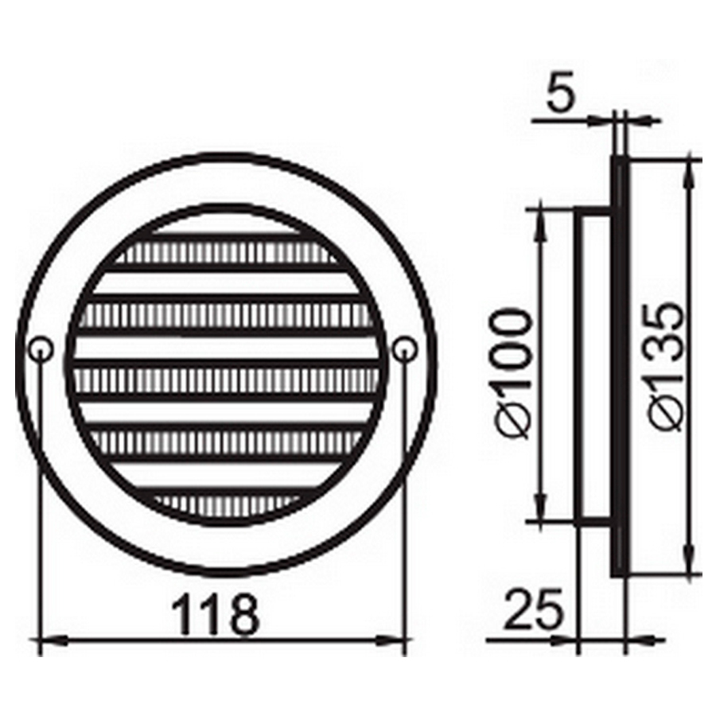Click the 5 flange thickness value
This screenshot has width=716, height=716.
[x=560, y=96]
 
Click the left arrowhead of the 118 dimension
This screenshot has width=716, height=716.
[x=51, y=641]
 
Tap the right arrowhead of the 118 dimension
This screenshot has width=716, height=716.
[x=391, y=641]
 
